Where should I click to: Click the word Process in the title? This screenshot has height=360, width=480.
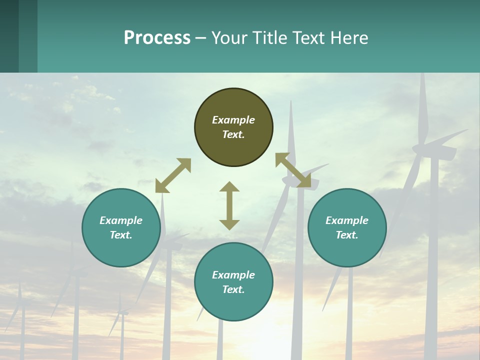157,38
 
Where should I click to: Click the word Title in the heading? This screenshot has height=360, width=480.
269,38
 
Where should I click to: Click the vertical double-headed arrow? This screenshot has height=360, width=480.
229,205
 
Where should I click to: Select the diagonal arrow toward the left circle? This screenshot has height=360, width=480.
173,175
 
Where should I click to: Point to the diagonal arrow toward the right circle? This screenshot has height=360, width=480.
293,170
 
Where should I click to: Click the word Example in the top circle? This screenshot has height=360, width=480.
233,120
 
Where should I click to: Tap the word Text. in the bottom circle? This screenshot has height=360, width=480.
233,289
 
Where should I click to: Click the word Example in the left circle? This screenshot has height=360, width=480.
121,220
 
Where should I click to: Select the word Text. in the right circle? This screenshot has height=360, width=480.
347,235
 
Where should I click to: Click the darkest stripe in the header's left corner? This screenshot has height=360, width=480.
9,36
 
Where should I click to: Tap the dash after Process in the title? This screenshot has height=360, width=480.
200,38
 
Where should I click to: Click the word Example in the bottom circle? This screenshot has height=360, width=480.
233,275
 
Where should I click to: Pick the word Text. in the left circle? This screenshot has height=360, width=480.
121,235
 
